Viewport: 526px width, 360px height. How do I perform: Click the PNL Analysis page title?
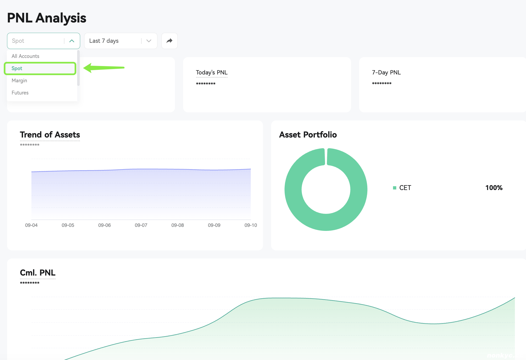click(47, 18)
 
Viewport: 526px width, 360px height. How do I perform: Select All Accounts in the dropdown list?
click(25, 56)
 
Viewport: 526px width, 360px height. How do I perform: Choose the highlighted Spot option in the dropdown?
click(17, 68)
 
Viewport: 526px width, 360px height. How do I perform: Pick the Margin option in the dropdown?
click(19, 80)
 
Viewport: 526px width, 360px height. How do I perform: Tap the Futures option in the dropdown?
click(20, 93)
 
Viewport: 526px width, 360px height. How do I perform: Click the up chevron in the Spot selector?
click(72, 41)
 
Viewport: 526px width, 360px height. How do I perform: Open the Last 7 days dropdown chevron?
click(149, 41)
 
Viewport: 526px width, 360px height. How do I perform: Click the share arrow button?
click(170, 41)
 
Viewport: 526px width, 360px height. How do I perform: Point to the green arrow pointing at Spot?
click(104, 68)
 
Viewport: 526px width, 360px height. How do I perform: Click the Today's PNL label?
click(212, 73)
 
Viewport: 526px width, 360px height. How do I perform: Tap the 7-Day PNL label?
click(386, 73)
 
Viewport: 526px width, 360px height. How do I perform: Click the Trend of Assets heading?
click(50, 135)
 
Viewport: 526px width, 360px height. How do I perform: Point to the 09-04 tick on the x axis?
click(31, 225)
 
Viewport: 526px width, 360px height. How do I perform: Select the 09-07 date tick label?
click(141, 225)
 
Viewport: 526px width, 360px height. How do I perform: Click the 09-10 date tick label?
click(251, 225)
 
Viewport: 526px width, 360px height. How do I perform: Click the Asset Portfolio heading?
click(308, 135)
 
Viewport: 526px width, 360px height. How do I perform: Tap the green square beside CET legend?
click(395, 188)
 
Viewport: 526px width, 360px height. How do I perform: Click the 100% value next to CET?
click(494, 188)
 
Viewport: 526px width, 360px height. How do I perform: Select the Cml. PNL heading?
click(38, 273)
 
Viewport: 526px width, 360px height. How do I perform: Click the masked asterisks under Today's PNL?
click(206, 84)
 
